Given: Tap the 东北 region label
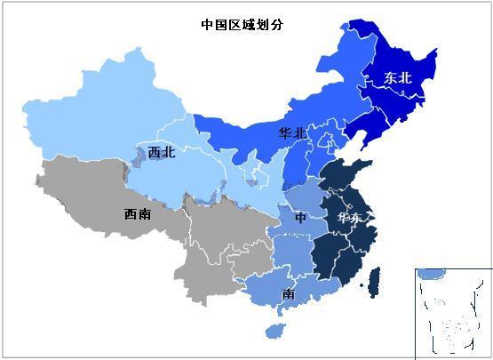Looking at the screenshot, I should point(398,78).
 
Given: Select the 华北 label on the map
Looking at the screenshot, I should point(292,133).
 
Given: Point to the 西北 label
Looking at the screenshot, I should point(161,152).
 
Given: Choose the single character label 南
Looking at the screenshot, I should point(289,293).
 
